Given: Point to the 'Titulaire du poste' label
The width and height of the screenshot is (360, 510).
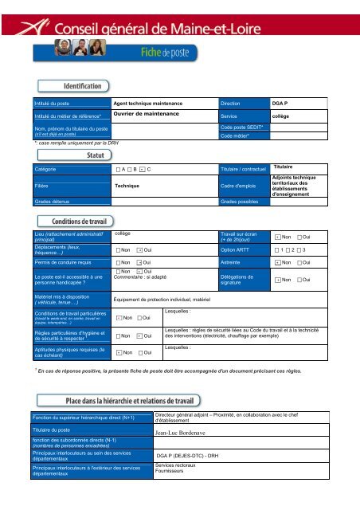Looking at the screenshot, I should coord(58,430).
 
